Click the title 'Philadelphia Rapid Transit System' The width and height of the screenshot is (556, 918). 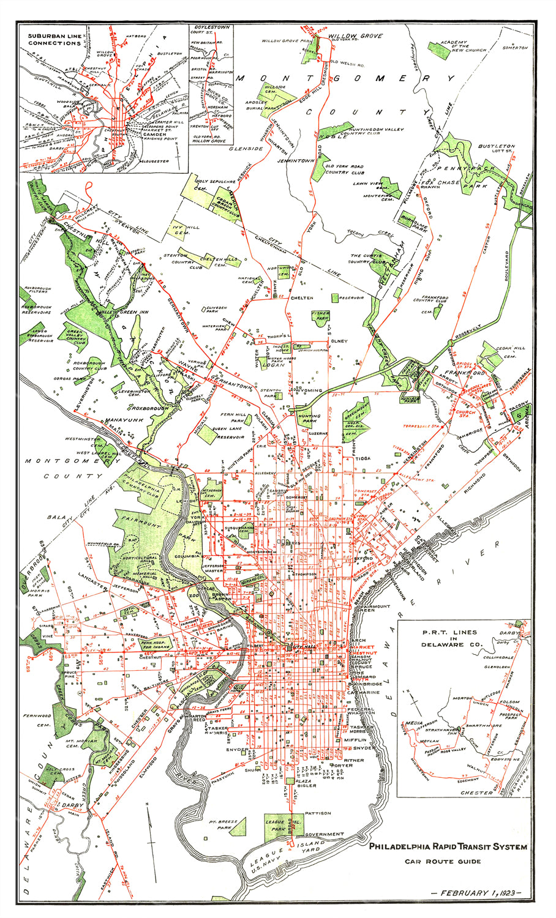click(x=448, y=848)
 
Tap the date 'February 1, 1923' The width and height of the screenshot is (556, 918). click(x=476, y=893)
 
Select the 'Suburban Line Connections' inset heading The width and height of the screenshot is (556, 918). click(x=54, y=39)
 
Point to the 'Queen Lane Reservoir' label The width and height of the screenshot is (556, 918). click(x=228, y=433)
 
